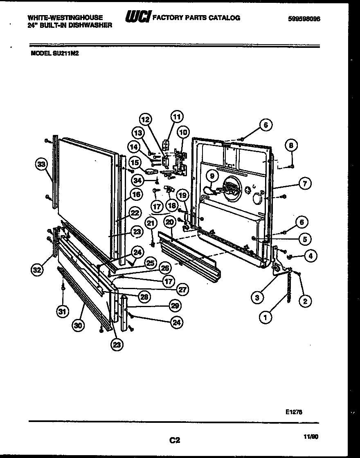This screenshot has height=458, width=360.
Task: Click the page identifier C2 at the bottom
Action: [x=175, y=440]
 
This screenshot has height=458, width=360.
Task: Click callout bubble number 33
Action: [x=40, y=165]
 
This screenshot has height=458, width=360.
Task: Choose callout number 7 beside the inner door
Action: [x=304, y=184]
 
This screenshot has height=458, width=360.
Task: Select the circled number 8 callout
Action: [x=291, y=145]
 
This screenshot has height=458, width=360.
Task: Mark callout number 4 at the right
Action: [x=310, y=257]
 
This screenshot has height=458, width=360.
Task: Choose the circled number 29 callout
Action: [x=176, y=305]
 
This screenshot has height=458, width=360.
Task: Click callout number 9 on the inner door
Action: [x=211, y=176]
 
